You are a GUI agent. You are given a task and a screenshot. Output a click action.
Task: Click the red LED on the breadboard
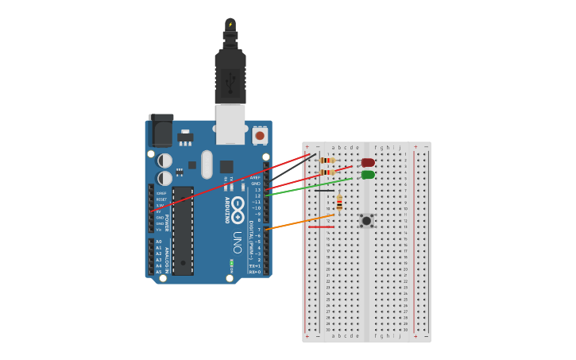click(368, 163)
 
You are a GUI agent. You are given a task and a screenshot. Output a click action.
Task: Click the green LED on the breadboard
click(368, 175)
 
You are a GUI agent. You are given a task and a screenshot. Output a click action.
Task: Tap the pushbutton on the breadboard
click(366, 221)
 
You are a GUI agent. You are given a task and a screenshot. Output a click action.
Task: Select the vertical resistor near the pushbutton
click(339, 204)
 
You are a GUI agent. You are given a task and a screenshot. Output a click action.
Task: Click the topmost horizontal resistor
click(327, 161)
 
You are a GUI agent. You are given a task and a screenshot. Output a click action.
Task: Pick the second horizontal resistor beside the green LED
click(327, 172)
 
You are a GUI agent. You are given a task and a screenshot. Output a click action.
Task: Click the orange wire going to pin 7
click(302, 221)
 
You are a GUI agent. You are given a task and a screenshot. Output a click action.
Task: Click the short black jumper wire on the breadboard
click(324, 191)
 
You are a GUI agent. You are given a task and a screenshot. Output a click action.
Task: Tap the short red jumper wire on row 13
click(322, 227)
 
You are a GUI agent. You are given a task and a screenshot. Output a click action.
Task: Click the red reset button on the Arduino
click(260, 137)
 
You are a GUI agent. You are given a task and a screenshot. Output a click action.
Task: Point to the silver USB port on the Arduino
click(230, 126)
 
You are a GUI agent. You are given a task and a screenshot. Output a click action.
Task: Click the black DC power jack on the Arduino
click(161, 129)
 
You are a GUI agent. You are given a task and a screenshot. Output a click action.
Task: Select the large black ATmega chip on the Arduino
click(183, 230)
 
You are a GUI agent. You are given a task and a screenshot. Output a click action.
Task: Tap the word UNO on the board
click(237, 243)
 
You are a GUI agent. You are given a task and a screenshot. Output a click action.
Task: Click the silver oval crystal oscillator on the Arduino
click(207, 165)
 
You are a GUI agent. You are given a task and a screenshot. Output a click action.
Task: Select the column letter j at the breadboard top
click(400, 147)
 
